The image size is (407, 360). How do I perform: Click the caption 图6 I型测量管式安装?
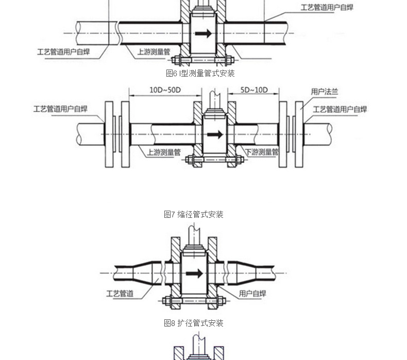(x=200, y=73)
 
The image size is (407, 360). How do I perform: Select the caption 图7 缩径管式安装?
(x=193, y=214)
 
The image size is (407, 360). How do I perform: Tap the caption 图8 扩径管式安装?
(x=193, y=323)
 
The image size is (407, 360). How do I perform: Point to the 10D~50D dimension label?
(x=165, y=90)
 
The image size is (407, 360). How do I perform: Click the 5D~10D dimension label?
(x=254, y=90)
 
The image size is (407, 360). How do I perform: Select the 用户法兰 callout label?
(x=325, y=92)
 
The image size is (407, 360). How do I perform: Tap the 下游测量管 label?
(x=262, y=152)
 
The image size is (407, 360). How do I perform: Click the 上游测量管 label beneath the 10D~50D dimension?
(x=164, y=152)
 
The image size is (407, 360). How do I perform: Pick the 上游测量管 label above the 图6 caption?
(x=154, y=52)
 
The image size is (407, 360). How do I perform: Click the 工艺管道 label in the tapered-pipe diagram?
(x=120, y=294)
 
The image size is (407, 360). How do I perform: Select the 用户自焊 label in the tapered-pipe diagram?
(x=252, y=294)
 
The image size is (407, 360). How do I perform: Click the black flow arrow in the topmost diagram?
(x=203, y=33)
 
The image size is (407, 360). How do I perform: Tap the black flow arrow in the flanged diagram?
(x=215, y=134)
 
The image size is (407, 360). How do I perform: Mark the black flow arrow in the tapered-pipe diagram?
(x=194, y=273)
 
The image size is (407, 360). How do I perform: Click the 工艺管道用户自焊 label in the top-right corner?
(x=327, y=7)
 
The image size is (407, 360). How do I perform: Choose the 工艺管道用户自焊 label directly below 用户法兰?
(x=340, y=109)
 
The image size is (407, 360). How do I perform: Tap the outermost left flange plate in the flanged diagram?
(x=109, y=134)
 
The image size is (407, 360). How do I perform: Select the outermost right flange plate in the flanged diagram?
(x=299, y=134)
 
